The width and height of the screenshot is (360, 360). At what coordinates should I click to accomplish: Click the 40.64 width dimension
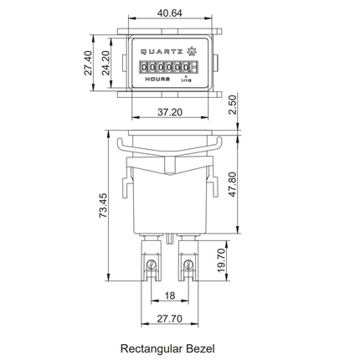pos(170,13)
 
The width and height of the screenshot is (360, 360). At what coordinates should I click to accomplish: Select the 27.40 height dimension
pos(88,63)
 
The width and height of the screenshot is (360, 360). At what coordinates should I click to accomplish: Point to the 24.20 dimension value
pos(105,63)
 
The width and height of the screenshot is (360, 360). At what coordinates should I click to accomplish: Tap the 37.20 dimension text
pos(170,112)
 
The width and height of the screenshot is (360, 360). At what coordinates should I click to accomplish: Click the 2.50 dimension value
pos(232,105)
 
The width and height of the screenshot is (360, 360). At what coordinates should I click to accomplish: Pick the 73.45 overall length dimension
pos(103,205)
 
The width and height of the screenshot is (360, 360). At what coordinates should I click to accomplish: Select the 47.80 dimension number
pos(232,184)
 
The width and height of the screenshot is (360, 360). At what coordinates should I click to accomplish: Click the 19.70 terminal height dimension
pos(221,260)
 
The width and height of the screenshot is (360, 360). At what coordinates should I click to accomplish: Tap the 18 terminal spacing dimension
pos(170,296)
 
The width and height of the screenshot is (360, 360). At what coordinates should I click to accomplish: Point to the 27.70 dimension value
pos(170,318)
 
